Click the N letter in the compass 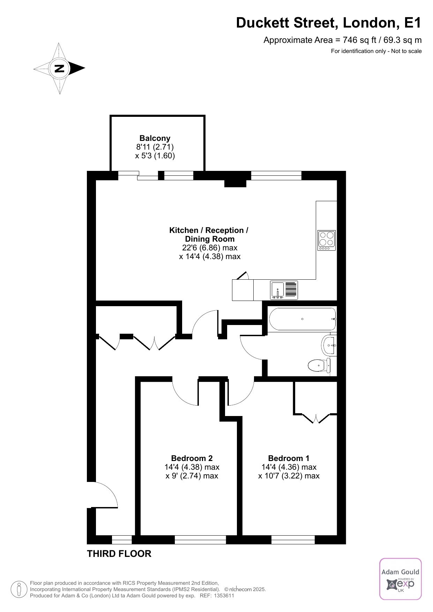pos(60,68)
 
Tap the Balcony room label pos(155,138)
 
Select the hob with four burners pos(327,240)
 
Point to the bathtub pos(303,319)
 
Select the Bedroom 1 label pos(289,458)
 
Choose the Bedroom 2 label pos(192,458)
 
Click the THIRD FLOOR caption pos(119,553)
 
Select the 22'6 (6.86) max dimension pos(210,248)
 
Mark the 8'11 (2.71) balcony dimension pos(155,147)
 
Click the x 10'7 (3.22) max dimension pos(289,476)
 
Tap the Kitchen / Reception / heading pos(209,230)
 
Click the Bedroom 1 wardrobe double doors pos(316,418)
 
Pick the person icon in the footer pos(18,589)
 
